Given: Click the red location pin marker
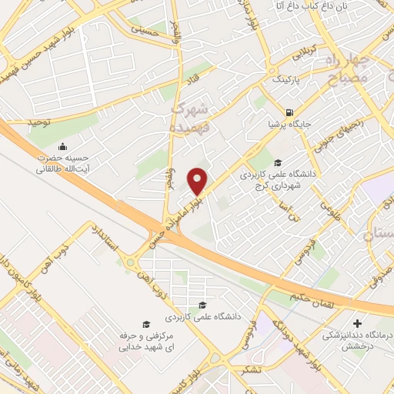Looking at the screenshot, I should point(198,181).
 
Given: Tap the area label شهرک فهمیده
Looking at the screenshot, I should point(189,116).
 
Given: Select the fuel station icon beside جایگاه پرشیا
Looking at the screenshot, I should point(289,110).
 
